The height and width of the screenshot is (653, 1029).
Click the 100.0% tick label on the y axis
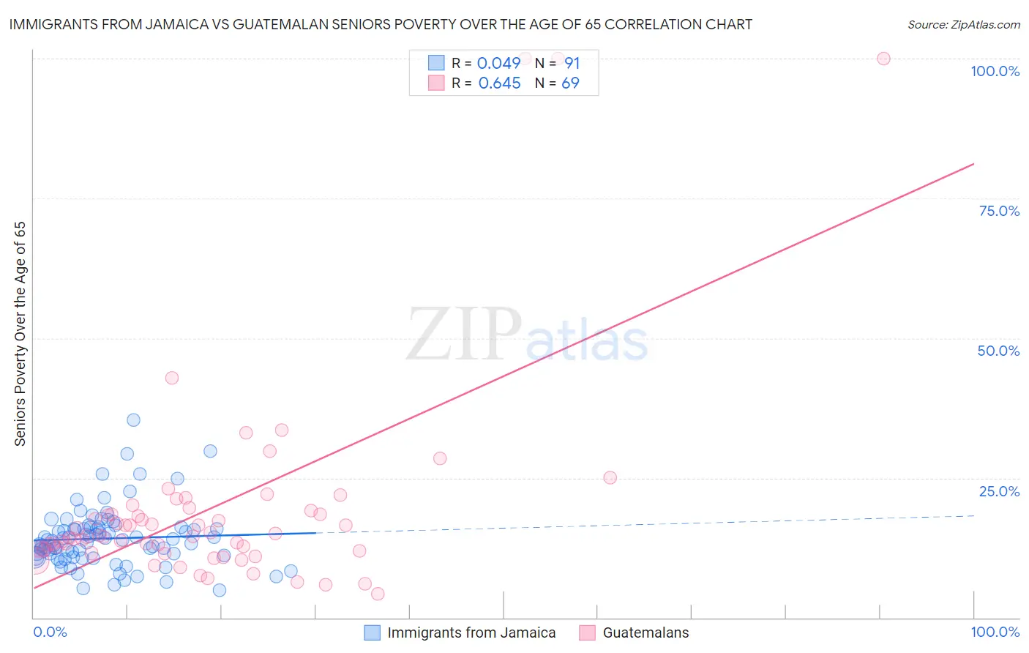pyautogui.click(x=995, y=71)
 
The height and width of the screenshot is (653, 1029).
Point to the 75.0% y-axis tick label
pyautogui.click(x=999, y=211)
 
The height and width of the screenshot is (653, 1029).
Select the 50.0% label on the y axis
pyautogui.click(x=998, y=351)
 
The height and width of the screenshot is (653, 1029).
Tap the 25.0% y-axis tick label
pyautogui.click(x=999, y=491)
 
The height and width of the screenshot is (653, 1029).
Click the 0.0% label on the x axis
pyautogui.click(x=50, y=632)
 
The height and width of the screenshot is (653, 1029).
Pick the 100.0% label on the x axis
pyautogui.click(x=995, y=632)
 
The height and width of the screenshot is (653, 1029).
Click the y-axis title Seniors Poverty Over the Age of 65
pyautogui.click(x=20, y=334)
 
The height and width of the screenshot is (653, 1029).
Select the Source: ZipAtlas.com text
pyautogui.click(x=963, y=24)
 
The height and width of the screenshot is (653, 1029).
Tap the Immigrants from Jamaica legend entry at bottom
pyautogui.click(x=471, y=633)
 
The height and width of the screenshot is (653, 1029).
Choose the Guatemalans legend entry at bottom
pyautogui.click(x=645, y=633)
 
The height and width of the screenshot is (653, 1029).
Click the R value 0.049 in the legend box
pyautogui.click(x=498, y=64)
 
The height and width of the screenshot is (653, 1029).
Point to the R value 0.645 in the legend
pyautogui.click(x=499, y=83)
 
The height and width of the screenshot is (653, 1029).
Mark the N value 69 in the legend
pyautogui.click(x=570, y=83)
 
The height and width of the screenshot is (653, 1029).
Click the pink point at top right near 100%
pyautogui.click(x=883, y=59)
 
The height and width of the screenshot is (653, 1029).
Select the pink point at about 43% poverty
pyautogui.click(x=172, y=378)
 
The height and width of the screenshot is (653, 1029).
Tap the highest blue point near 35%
pyautogui.click(x=133, y=419)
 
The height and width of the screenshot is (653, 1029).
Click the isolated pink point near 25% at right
pyautogui.click(x=610, y=477)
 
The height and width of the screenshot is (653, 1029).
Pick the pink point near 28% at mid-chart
pyautogui.click(x=440, y=458)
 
